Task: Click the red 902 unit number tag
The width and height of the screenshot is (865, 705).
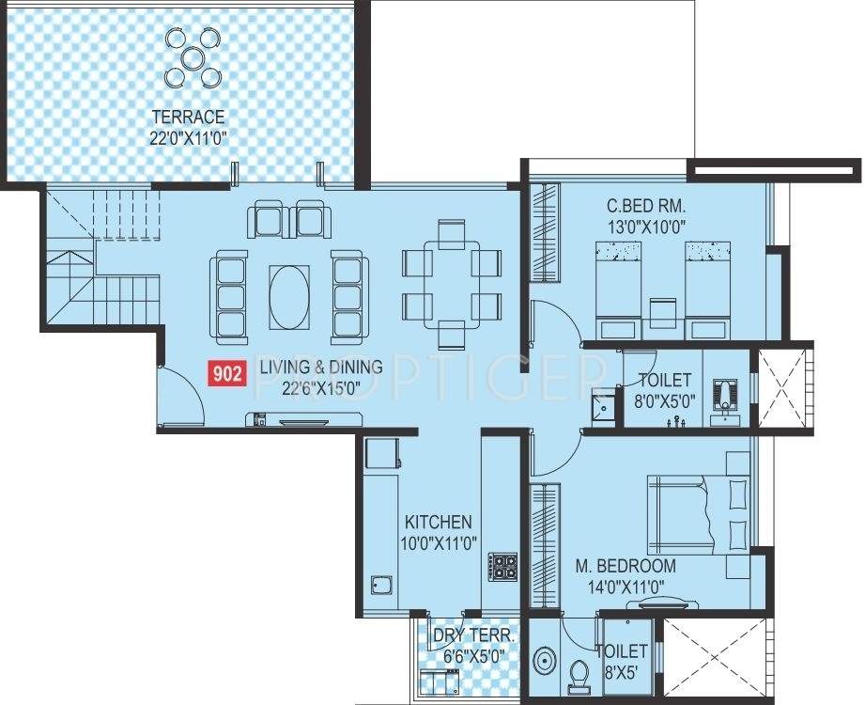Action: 225,374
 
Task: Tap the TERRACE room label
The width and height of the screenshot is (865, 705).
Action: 191,117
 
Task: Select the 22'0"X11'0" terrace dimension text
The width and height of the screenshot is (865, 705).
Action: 191,137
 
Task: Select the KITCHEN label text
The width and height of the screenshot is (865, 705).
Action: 438,522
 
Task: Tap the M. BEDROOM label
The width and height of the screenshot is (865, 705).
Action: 626,566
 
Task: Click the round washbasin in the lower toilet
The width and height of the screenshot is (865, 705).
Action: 546,663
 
